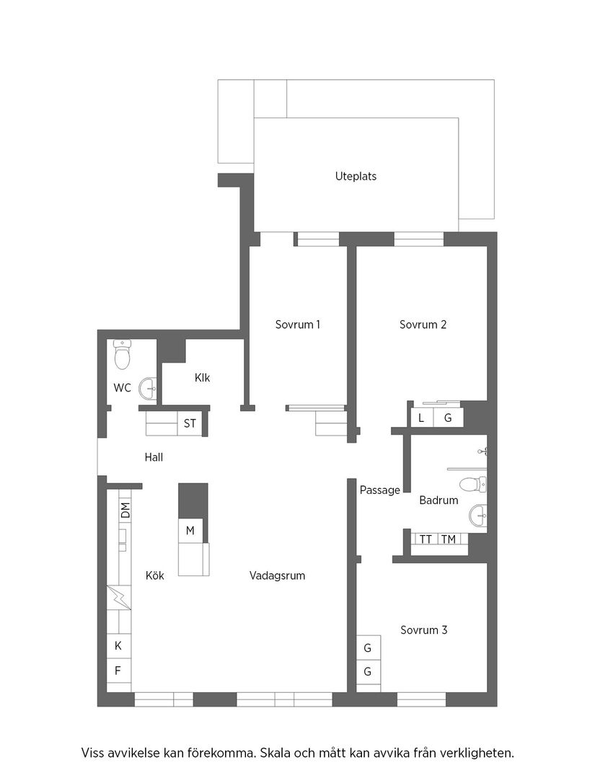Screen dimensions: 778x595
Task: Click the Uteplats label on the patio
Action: click(x=356, y=176)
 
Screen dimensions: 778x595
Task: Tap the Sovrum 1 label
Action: click(x=298, y=324)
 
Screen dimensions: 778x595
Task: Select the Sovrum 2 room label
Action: click(x=423, y=324)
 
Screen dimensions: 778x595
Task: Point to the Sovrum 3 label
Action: click(x=423, y=630)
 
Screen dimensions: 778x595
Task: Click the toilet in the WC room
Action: click(x=122, y=354)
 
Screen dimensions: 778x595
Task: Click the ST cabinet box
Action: click(x=190, y=424)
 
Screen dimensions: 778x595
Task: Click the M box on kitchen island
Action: click(x=190, y=531)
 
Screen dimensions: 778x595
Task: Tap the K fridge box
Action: click(x=118, y=646)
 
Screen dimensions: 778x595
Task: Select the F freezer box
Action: click(x=118, y=671)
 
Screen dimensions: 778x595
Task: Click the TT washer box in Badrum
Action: click(x=426, y=539)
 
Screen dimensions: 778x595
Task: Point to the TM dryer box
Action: click(x=448, y=539)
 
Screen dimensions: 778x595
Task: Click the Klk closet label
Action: click(x=202, y=378)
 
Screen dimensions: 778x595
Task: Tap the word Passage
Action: click(x=379, y=490)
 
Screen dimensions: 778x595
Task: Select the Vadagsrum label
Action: click(x=277, y=575)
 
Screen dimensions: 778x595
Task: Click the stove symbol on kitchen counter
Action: click(x=118, y=598)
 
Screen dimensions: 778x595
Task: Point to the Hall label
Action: click(x=154, y=457)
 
